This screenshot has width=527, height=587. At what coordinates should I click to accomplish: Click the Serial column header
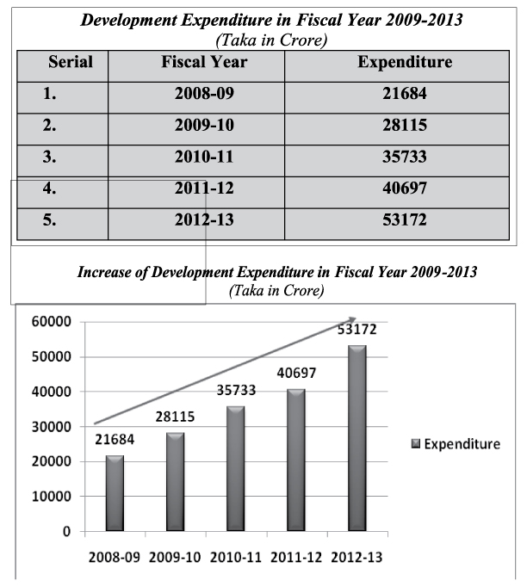click(x=71, y=62)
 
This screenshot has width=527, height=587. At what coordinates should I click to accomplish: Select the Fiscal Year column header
click(x=204, y=62)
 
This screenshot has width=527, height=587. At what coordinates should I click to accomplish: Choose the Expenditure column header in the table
click(x=405, y=62)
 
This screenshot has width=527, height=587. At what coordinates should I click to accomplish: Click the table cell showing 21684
click(x=405, y=94)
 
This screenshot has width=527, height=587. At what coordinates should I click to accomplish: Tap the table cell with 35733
click(x=405, y=158)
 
